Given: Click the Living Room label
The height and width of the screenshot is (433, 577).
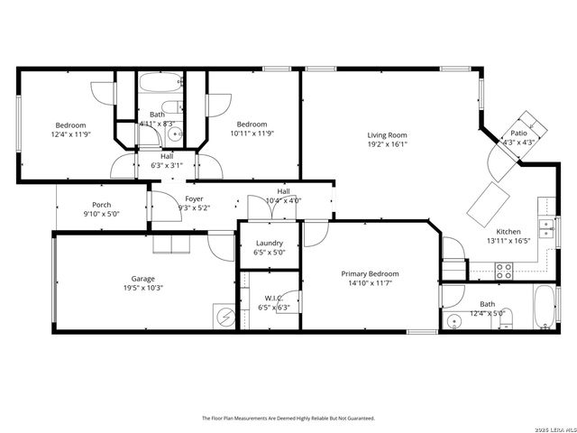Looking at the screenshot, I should [x=388, y=135].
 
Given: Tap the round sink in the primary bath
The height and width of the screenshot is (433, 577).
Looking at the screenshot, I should [x=453, y=320].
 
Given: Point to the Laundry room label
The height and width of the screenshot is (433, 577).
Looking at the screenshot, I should [x=270, y=243].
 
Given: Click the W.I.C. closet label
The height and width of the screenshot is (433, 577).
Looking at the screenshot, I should [x=274, y=298].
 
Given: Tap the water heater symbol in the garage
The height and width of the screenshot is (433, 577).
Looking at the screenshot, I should [x=224, y=317].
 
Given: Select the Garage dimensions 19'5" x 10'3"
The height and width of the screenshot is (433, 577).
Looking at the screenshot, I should [x=142, y=288].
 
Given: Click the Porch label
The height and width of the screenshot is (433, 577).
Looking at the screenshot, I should [x=102, y=205].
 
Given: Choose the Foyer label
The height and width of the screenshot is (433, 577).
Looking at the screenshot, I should [x=194, y=198].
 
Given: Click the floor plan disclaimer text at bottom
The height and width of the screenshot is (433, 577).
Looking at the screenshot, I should [x=288, y=419].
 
